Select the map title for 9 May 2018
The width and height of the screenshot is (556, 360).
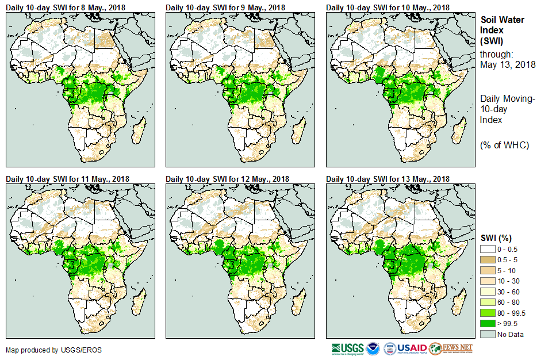[x=225, y=7]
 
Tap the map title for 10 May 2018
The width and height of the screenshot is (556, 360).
[x=388, y=7]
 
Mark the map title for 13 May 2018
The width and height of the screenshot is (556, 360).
[x=388, y=179]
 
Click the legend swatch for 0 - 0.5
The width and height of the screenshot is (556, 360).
[x=489, y=248]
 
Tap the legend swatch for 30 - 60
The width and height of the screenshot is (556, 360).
[x=489, y=291]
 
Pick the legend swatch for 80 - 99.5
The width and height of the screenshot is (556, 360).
[x=489, y=312]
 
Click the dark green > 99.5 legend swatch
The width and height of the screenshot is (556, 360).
[x=489, y=323]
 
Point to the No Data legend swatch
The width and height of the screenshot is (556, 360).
[x=489, y=334]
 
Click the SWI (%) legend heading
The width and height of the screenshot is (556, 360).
[x=496, y=238]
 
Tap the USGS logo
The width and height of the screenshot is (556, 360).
[x=347, y=348]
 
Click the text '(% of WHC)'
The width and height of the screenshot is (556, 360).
[x=504, y=145]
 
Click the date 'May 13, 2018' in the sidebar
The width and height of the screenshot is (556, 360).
[x=508, y=64]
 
